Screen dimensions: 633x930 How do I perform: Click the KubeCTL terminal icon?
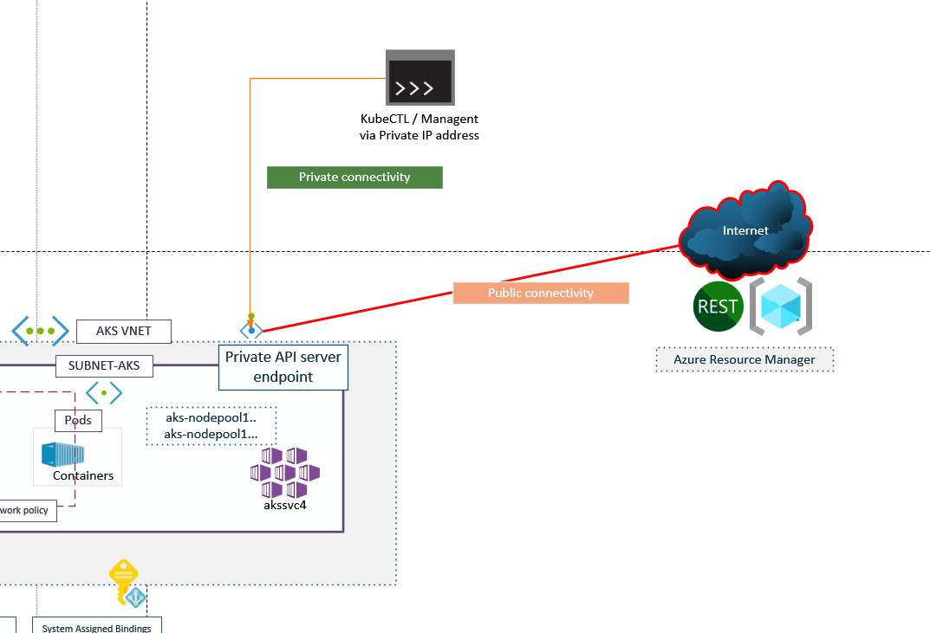(420, 79)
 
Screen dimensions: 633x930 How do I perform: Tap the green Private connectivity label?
(354, 178)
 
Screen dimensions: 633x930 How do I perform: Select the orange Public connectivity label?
(541, 294)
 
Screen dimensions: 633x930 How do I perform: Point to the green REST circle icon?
(719, 307)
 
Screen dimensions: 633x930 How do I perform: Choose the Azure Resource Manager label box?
(745, 360)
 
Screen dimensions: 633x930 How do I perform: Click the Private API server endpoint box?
(283, 367)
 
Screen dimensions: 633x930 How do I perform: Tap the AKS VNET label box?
(123, 331)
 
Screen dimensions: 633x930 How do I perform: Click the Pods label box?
(79, 421)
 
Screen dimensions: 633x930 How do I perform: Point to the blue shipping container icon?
(62, 454)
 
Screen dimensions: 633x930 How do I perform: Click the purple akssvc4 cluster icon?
(285, 473)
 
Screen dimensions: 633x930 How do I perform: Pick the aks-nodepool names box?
(211, 425)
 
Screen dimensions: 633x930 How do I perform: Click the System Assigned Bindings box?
(97, 626)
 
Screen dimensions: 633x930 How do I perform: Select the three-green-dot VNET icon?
(40, 331)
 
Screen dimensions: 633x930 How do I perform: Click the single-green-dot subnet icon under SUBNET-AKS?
(104, 393)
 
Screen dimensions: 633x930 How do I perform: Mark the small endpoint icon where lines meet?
(251, 329)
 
